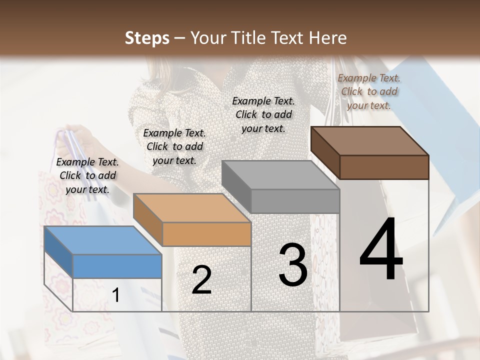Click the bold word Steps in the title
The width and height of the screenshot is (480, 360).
click(x=147, y=38)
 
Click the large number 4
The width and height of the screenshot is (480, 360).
click(x=381, y=249)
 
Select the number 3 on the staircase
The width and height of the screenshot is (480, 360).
click(x=293, y=265)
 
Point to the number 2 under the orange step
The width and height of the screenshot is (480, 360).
click(x=201, y=280)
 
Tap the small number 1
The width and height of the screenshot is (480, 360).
click(x=115, y=295)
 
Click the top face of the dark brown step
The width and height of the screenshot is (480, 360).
click(x=369, y=141)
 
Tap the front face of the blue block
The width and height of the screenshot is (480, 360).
click(x=117, y=266)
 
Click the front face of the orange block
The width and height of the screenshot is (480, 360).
click(x=206, y=234)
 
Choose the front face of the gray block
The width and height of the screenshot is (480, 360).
click(x=295, y=201)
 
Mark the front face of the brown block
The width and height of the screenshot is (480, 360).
click(x=384, y=167)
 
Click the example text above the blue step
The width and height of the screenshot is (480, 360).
click(x=87, y=176)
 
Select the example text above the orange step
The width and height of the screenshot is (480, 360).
click(x=174, y=146)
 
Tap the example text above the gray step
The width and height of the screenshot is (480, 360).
click(x=263, y=114)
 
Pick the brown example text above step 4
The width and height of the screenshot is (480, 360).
click(x=369, y=91)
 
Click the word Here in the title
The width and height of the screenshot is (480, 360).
click(x=328, y=38)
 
